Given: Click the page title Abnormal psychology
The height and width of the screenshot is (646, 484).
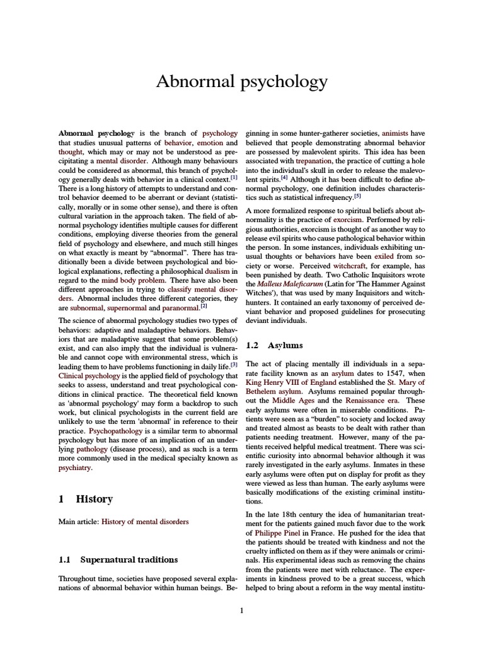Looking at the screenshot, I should tap(242, 81).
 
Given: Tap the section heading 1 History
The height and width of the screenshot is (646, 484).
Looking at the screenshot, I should tap(85, 499).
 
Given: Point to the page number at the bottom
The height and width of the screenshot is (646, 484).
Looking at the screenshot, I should tap(242, 610).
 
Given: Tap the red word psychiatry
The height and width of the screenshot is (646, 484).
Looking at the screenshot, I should tap(75, 467).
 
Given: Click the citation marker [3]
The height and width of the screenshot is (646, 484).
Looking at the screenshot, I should tap(234, 364).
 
